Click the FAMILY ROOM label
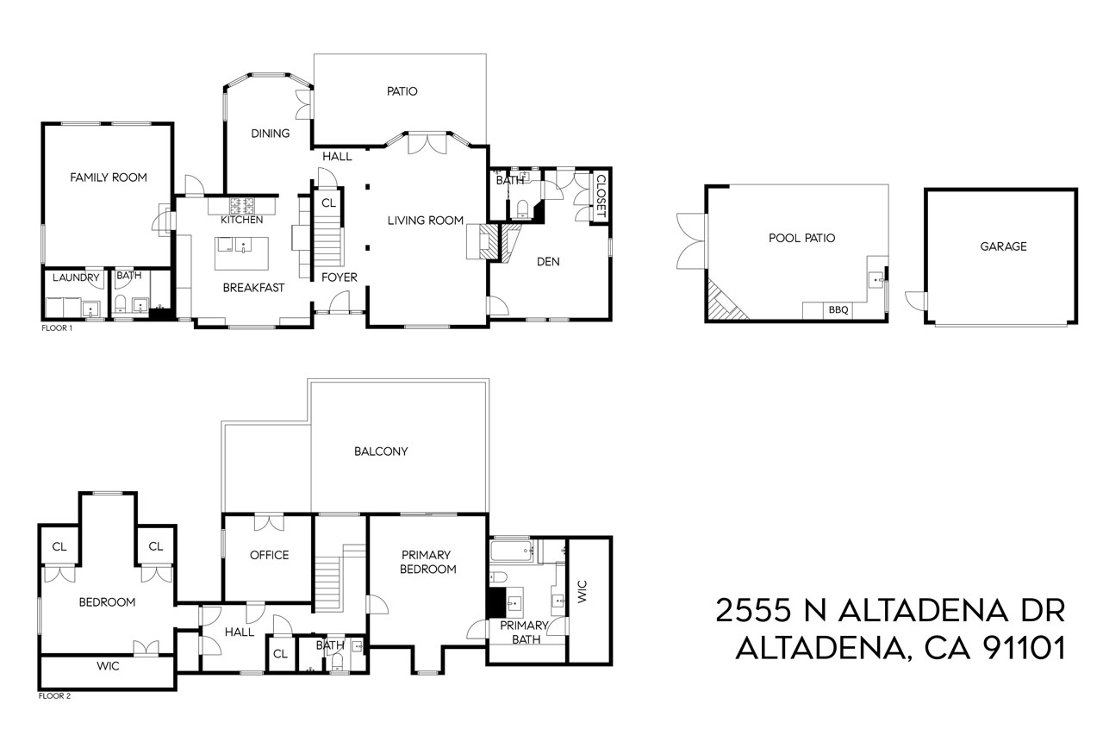(x=108, y=178)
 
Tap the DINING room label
(x=270, y=134)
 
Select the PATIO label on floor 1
(x=401, y=91)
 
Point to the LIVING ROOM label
(x=426, y=221)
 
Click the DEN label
(x=548, y=262)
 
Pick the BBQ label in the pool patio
(x=838, y=310)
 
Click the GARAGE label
(x=1003, y=246)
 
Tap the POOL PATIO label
(x=801, y=238)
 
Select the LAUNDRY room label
(x=76, y=277)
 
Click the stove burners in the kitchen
(x=242, y=206)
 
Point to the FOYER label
(x=340, y=277)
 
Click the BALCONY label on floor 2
(x=381, y=452)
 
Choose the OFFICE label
(x=269, y=555)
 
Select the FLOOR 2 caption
(x=54, y=696)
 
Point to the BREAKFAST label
(x=253, y=288)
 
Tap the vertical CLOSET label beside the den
(x=601, y=196)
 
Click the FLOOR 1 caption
(x=57, y=328)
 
